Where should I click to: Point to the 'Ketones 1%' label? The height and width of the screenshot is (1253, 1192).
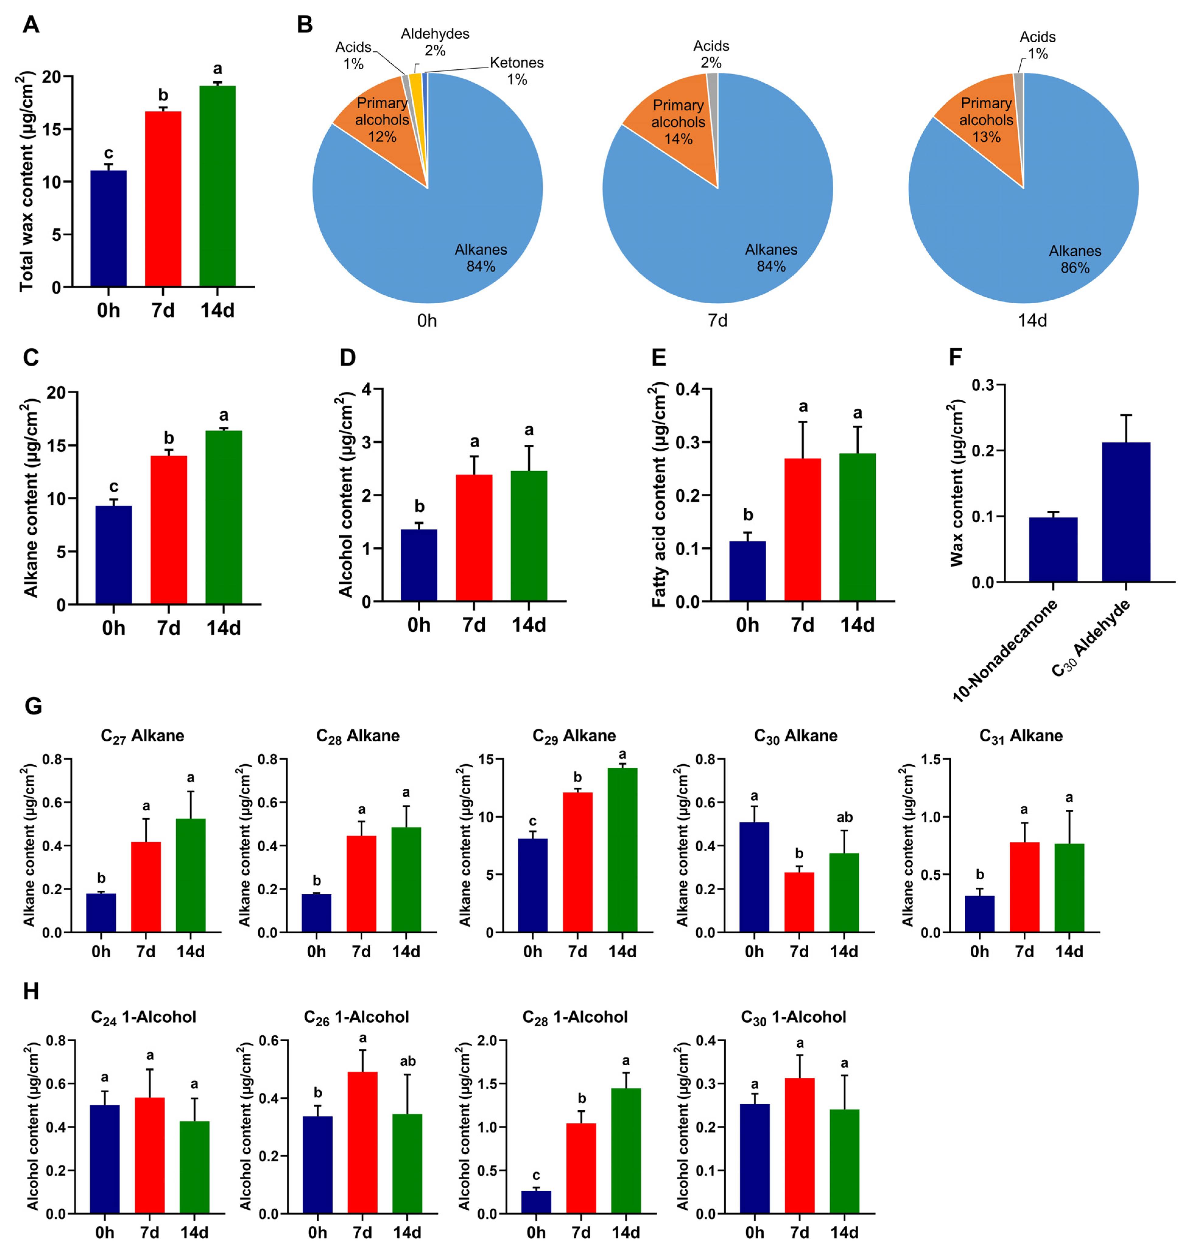pos(517,71)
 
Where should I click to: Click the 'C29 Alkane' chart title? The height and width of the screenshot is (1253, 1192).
pos(574,736)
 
